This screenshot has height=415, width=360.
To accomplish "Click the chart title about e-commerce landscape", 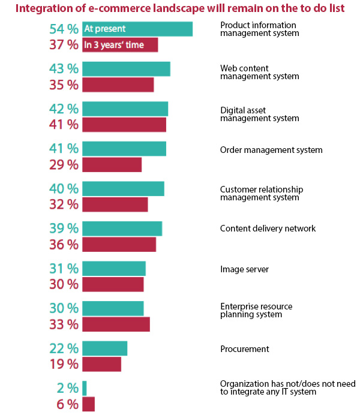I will click(x=179, y=9).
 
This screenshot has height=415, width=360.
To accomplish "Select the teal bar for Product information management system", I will click(x=156, y=29).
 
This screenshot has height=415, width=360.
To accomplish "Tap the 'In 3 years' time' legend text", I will click(x=114, y=45).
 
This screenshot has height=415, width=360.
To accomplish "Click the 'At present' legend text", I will click(x=105, y=29).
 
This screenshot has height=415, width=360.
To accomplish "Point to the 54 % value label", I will click(x=63, y=29).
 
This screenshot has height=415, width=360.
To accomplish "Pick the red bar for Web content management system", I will click(x=118, y=85).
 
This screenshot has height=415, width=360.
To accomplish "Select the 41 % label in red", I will click(x=63, y=125).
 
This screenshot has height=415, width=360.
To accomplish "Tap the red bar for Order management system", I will click(x=112, y=164).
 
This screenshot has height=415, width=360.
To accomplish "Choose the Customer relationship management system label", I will click(x=261, y=193).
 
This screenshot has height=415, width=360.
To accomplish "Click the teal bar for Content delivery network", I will click(x=122, y=228).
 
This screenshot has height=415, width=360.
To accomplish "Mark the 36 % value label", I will click(x=63, y=245).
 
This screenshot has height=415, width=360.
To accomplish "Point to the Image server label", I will click(x=244, y=269).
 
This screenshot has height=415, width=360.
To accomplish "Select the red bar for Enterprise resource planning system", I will click(x=116, y=324).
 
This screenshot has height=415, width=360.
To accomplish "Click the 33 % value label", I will click(x=63, y=324).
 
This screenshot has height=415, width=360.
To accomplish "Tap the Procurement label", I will click(x=244, y=349).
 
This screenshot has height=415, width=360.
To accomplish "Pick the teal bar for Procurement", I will click(x=104, y=348).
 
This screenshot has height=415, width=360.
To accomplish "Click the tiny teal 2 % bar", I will click(x=85, y=388).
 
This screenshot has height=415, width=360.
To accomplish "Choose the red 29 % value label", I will click(x=63, y=164).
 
